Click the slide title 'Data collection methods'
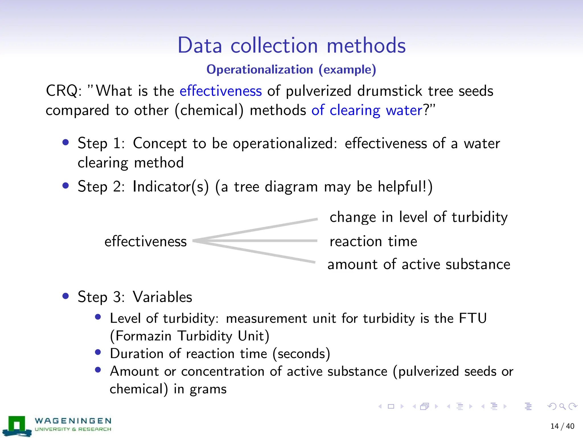click(291, 46)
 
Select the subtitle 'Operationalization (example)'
click(291, 70)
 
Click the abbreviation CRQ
click(62, 91)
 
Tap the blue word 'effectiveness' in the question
click(221, 91)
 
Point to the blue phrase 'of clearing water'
click(367, 110)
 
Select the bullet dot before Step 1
click(66, 142)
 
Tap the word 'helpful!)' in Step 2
click(405, 187)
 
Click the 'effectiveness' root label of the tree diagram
click(145, 242)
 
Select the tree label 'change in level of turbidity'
click(418, 217)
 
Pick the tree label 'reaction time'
click(373, 242)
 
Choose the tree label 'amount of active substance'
click(419, 264)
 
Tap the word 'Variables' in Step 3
click(163, 297)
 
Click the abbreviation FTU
click(473, 318)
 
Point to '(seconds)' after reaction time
click(301, 354)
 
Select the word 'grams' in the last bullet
click(208, 389)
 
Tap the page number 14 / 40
click(562, 426)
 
